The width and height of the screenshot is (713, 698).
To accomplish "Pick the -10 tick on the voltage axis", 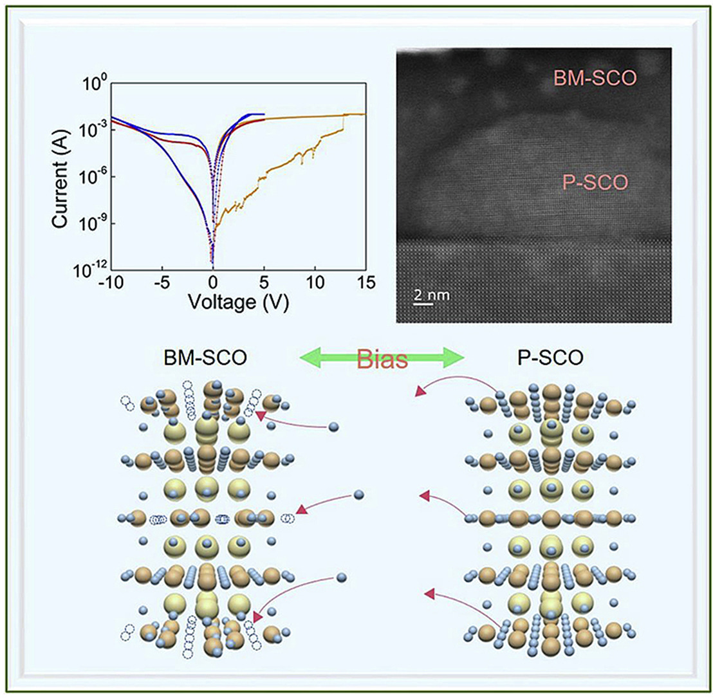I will pyautogui.click(x=110, y=284).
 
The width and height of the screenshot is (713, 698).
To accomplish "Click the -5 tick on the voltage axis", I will pyautogui.click(x=162, y=284).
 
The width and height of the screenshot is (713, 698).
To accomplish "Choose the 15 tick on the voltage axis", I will pyautogui.click(x=366, y=284).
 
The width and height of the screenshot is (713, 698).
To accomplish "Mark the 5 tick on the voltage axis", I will pyautogui.click(x=264, y=284).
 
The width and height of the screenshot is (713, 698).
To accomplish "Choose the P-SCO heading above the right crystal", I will pyautogui.click(x=551, y=358).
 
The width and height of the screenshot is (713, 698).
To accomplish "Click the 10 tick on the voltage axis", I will pyautogui.click(x=315, y=284).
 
